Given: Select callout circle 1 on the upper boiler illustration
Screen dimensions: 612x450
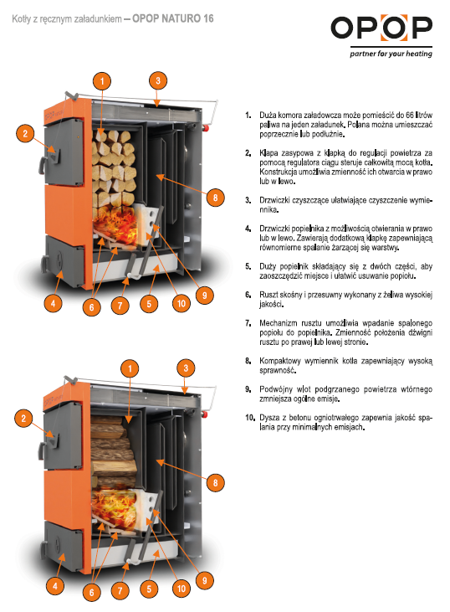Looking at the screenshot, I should [101, 81].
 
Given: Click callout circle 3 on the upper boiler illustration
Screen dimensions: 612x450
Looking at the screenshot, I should [156, 80].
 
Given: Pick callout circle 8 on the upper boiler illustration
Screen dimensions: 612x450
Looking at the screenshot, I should [215, 198].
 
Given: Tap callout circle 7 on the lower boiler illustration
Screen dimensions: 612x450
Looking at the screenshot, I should [120, 590].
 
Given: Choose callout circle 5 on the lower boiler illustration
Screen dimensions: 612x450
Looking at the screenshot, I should [150, 588].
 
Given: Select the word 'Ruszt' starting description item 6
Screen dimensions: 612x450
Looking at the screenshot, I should [268, 295].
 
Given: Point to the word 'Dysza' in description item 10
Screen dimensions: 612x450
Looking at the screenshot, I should [270, 417].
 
